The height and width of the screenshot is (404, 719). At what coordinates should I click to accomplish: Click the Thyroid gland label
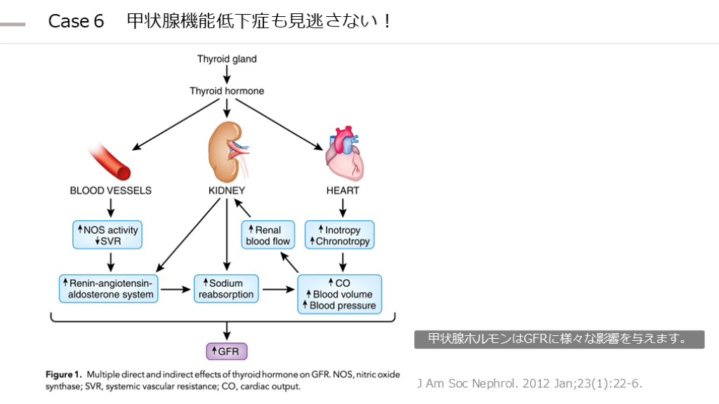click(x=227, y=59)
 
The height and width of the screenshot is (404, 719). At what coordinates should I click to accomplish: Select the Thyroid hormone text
click(x=227, y=91)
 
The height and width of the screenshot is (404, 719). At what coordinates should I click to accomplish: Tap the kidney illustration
click(x=226, y=149)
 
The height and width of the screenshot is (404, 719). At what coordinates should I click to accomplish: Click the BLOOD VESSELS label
click(x=110, y=190)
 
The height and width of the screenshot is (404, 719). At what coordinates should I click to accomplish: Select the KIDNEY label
click(x=226, y=190)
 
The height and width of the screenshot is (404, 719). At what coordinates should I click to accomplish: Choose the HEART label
click(x=343, y=190)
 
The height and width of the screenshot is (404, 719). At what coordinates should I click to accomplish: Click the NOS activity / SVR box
click(x=107, y=235)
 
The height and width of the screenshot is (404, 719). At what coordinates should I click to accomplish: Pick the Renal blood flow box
click(x=268, y=235)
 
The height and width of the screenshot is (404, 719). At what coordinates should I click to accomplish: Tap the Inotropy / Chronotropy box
click(x=339, y=235)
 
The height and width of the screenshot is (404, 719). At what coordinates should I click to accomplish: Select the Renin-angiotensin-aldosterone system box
click(x=109, y=288)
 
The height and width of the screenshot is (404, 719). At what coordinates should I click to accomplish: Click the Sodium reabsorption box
click(x=226, y=288)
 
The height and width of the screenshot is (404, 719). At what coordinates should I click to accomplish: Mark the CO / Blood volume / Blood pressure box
click(x=340, y=294)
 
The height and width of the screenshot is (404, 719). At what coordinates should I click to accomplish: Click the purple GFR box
click(x=226, y=350)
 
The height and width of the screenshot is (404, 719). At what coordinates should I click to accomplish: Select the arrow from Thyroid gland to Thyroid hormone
click(x=227, y=74)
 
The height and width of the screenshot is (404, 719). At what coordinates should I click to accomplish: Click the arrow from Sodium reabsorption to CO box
click(x=278, y=288)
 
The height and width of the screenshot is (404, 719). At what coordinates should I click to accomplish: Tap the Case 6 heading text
click(x=76, y=21)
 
